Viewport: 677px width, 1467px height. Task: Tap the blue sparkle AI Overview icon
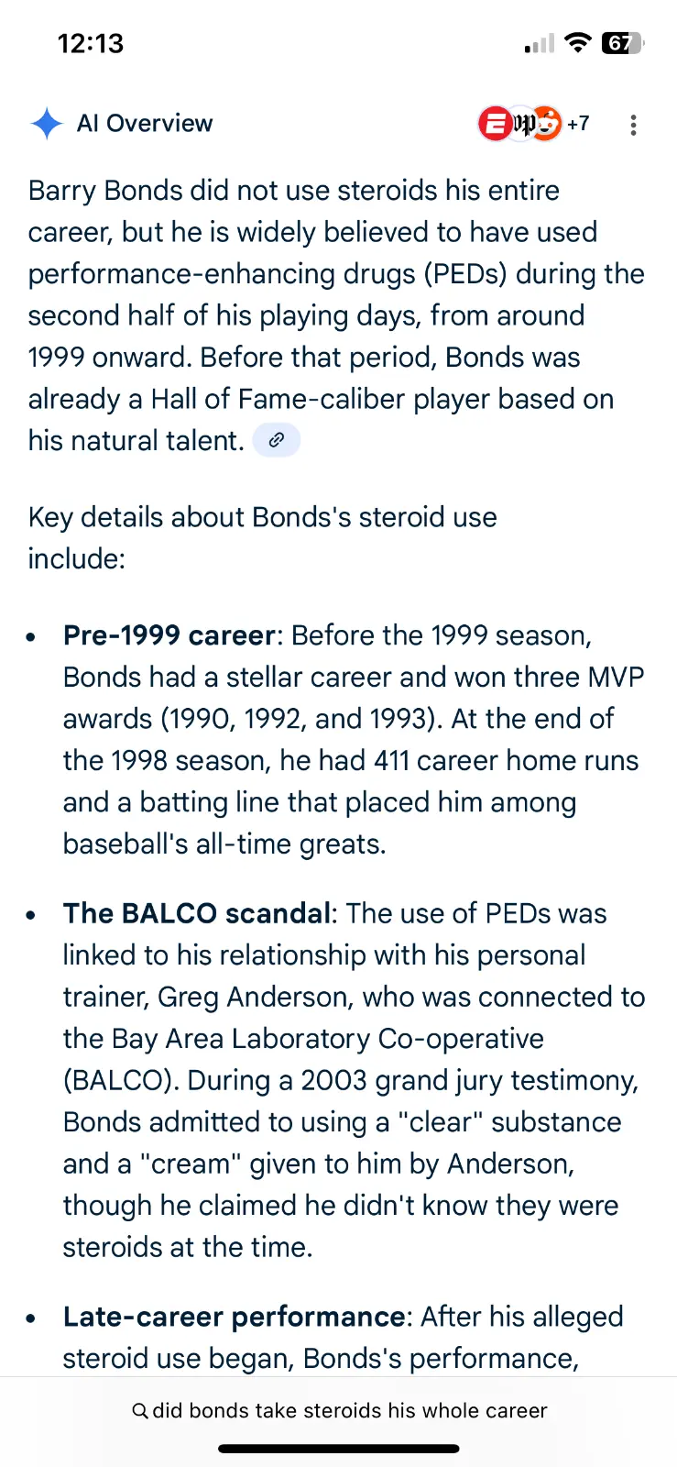click(47, 123)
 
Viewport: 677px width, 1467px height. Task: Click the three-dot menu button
click(632, 125)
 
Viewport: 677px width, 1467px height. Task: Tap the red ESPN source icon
click(496, 123)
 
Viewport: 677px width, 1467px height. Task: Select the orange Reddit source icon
click(545, 123)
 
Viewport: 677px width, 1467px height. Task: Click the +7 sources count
click(578, 123)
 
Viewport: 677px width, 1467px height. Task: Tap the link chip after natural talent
click(277, 439)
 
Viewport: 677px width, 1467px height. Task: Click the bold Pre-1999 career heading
click(169, 635)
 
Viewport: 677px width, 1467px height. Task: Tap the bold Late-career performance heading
click(235, 1317)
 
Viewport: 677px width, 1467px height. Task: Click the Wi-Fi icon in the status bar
click(577, 42)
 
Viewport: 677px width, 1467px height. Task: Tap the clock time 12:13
click(91, 43)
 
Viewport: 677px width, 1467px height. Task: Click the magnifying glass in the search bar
click(140, 1410)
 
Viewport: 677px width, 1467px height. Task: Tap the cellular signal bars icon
click(540, 43)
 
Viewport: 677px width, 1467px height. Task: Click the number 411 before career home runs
click(391, 760)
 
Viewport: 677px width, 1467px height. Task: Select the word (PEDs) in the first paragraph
click(465, 274)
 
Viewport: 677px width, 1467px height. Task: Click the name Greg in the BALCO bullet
click(188, 997)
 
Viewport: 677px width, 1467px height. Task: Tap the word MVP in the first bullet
click(617, 677)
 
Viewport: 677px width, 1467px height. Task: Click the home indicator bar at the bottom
click(339, 1449)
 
